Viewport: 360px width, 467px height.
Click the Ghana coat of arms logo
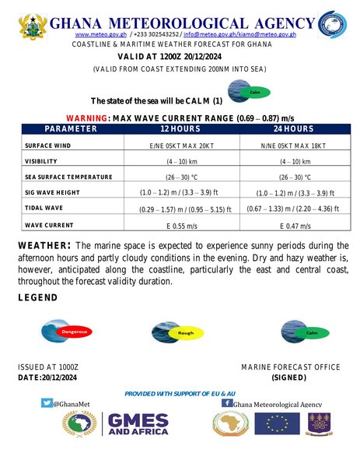point(33,26)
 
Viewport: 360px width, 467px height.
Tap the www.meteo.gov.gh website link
point(90,35)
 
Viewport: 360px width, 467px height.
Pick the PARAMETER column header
point(70,128)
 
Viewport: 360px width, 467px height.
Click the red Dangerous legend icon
point(68,331)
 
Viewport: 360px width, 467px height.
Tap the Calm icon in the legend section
point(306,332)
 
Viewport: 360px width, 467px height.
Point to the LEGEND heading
point(37,298)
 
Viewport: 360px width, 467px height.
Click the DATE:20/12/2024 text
point(47,377)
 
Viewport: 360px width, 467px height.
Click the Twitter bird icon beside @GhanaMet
point(47,403)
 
